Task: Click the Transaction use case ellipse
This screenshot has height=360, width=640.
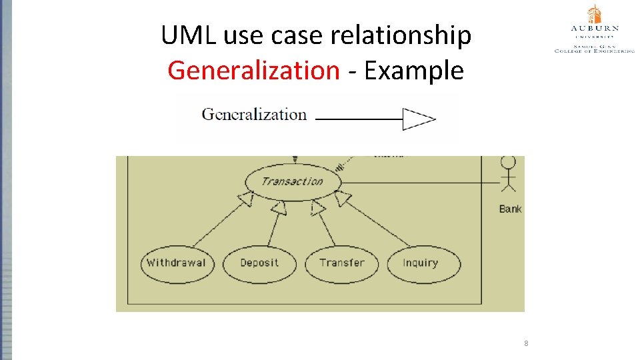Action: [x=293, y=181]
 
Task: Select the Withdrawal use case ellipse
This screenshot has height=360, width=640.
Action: [x=176, y=263]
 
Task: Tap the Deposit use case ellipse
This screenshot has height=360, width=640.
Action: [x=259, y=263]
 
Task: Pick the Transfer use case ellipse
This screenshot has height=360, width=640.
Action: [x=341, y=263]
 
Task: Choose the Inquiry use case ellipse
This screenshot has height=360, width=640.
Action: [x=423, y=263]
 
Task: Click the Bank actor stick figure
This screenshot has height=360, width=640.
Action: [x=509, y=175]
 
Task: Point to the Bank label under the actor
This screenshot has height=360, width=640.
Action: [x=510, y=209]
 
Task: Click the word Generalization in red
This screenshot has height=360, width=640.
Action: [x=253, y=69]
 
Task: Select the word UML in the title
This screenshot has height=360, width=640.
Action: [x=189, y=35]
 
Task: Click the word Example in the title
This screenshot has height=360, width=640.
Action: [x=414, y=69]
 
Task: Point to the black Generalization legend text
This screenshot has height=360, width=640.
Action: [x=254, y=115]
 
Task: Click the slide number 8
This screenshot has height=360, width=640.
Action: [x=526, y=343]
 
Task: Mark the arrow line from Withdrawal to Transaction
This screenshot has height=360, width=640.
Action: [x=220, y=220]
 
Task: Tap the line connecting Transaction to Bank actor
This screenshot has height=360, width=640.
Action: [x=420, y=182]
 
